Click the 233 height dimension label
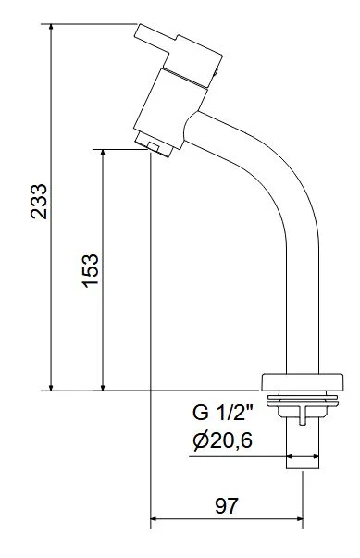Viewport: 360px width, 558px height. (x=39, y=201)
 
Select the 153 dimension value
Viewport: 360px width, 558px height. (x=90, y=270)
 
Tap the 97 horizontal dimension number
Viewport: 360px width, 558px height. (x=226, y=505)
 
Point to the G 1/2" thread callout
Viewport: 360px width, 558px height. (x=222, y=413)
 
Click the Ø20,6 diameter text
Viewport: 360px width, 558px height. (x=223, y=440)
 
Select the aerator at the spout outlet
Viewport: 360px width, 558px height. (x=154, y=144)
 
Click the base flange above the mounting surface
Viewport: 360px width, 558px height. (x=303, y=382)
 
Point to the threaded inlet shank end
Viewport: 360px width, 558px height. (x=303, y=451)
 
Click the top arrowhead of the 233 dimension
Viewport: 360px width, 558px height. (x=51, y=27)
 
